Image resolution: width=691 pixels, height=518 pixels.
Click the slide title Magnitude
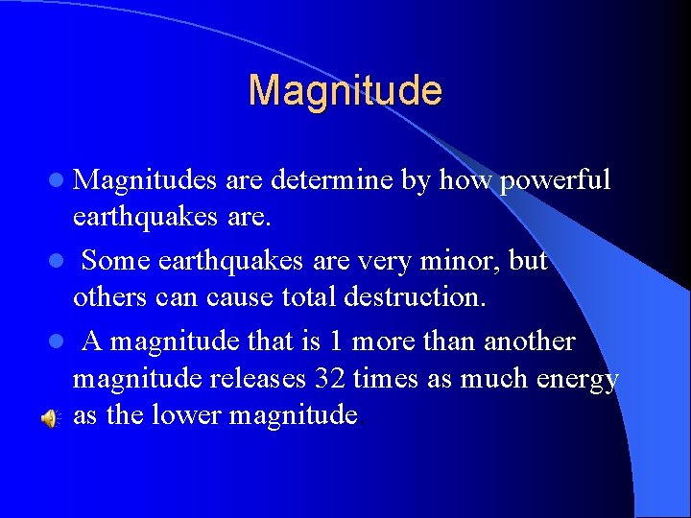(345, 91)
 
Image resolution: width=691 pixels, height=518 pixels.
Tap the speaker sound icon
(50, 416)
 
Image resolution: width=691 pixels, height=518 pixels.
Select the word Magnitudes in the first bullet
(147, 180)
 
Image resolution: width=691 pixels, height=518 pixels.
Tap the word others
(110, 297)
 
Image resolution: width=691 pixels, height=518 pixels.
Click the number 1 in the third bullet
(332, 341)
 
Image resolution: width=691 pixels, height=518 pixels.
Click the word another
(529, 341)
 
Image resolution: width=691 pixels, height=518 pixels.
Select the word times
(386, 379)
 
